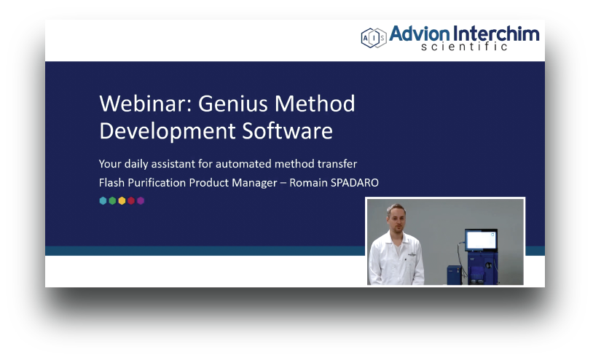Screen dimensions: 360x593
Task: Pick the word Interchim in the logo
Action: pyautogui.click(x=498, y=34)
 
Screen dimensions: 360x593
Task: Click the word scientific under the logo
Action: pyautogui.click(x=464, y=48)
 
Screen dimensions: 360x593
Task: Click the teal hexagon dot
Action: pyautogui.click(x=103, y=200)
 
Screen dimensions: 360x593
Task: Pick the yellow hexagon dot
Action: pyautogui.click(x=122, y=200)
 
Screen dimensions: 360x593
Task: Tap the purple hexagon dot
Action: pyautogui.click(x=141, y=200)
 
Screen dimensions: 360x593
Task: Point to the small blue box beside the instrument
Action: pyautogui.click(x=453, y=274)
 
